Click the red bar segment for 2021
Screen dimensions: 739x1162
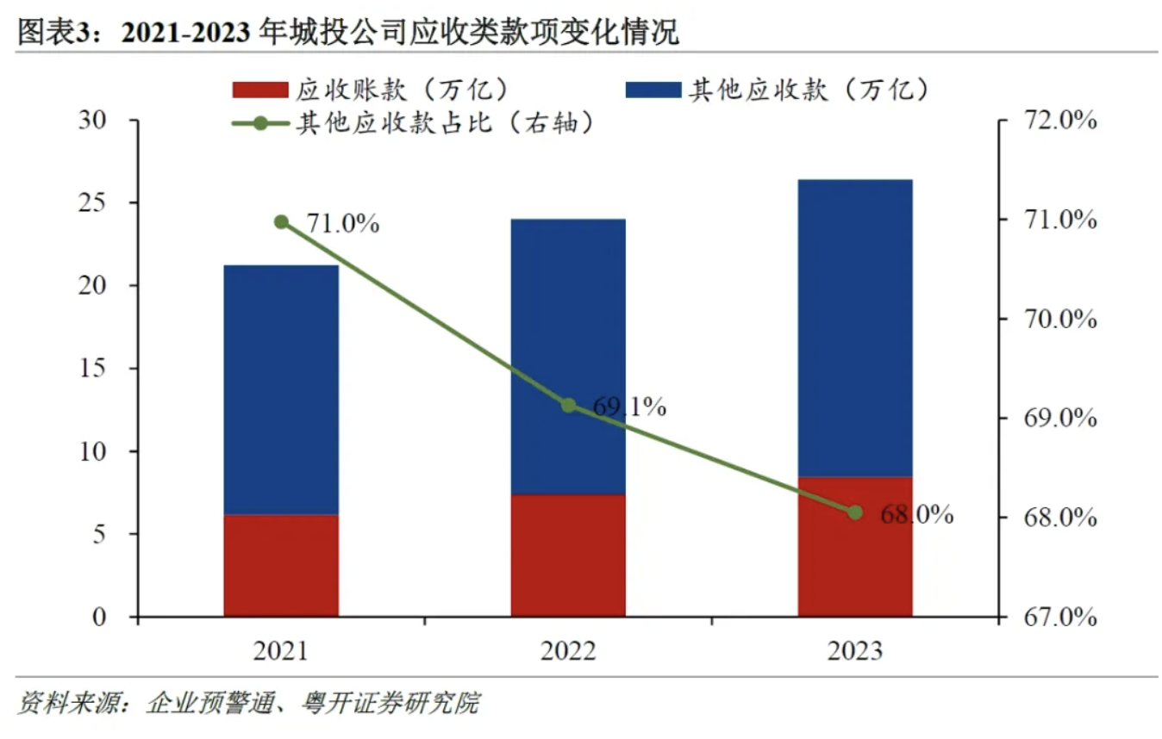(281, 565)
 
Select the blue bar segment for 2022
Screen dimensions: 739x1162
(568, 356)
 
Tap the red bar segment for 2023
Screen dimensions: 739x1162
(855, 546)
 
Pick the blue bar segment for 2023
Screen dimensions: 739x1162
(855, 327)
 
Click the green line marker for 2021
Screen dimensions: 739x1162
(281, 222)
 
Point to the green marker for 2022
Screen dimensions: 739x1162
(568, 405)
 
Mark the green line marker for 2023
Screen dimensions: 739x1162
(855, 512)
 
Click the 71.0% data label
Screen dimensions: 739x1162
(343, 225)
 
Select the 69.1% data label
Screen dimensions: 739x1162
(629, 407)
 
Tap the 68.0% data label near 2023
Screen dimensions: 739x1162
(916, 515)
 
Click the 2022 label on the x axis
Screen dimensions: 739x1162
(568, 651)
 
